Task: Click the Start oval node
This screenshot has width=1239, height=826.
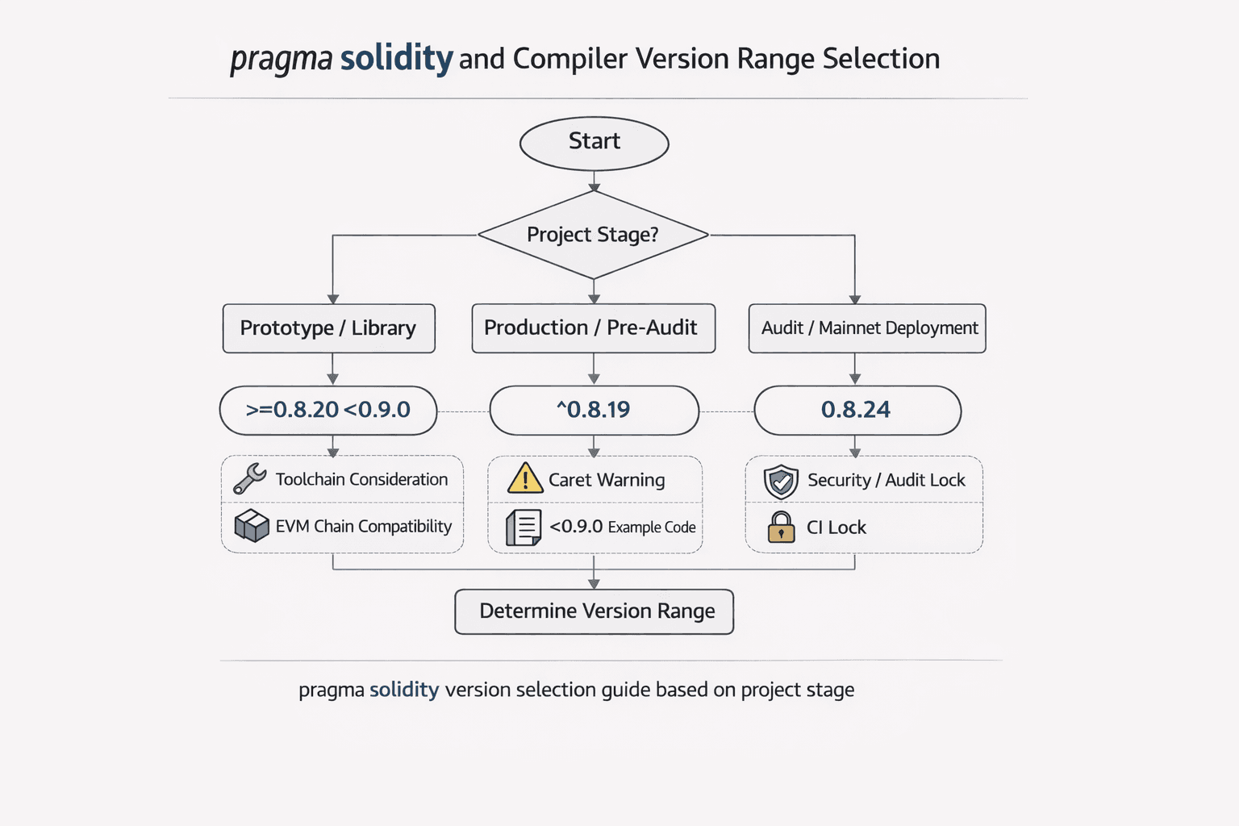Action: coord(594,143)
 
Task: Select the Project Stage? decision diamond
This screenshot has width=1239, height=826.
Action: coord(593,235)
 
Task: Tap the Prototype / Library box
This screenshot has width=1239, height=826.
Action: coord(328,328)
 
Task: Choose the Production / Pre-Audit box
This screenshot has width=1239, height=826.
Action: coord(593,328)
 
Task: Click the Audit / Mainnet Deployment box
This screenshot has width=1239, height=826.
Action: coord(867,328)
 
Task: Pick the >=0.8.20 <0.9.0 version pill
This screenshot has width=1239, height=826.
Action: coord(328,410)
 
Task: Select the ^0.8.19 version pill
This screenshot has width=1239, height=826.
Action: coord(594,410)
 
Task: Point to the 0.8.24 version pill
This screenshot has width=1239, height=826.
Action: coord(857,410)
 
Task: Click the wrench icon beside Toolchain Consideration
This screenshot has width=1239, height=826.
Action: coord(250,479)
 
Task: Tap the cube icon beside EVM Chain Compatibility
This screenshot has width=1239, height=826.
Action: coord(252,526)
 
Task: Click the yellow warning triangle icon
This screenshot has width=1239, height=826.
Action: coord(524,478)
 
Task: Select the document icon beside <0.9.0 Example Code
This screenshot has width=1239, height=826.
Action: coord(524,528)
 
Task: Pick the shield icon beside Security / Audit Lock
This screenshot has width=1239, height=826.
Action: coord(781,482)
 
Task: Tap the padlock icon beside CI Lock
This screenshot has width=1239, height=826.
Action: coord(781,528)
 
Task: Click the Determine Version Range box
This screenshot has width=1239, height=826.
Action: coord(594,611)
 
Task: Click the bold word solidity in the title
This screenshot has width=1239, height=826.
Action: coord(396,58)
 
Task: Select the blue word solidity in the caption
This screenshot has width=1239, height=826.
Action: coord(404,690)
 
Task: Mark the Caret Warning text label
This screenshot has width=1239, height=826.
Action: coord(607,480)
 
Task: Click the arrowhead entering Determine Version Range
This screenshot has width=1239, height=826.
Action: coord(594,583)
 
